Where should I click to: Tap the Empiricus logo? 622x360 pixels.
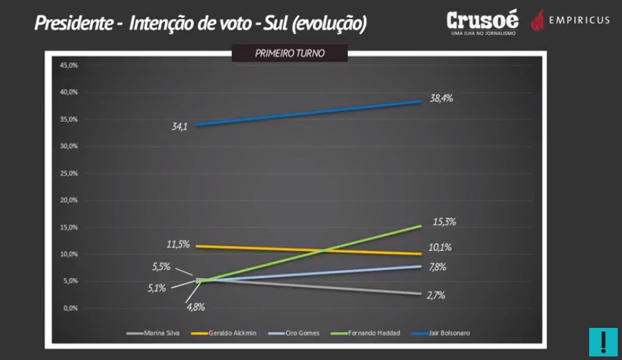(x=570, y=20)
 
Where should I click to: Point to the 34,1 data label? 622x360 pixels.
(x=179, y=127)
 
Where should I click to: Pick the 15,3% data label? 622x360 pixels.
(x=443, y=222)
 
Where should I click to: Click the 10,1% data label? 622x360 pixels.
(x=440, y=248)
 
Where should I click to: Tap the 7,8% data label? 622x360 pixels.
(x=438, y=267)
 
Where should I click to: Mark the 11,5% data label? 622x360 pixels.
(x=178, y=245)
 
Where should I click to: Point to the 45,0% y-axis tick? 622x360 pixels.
(x=68, y=65)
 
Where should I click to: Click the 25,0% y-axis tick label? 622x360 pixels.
(x=68, y=173)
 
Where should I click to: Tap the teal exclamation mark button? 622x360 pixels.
(x=603, y=342)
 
